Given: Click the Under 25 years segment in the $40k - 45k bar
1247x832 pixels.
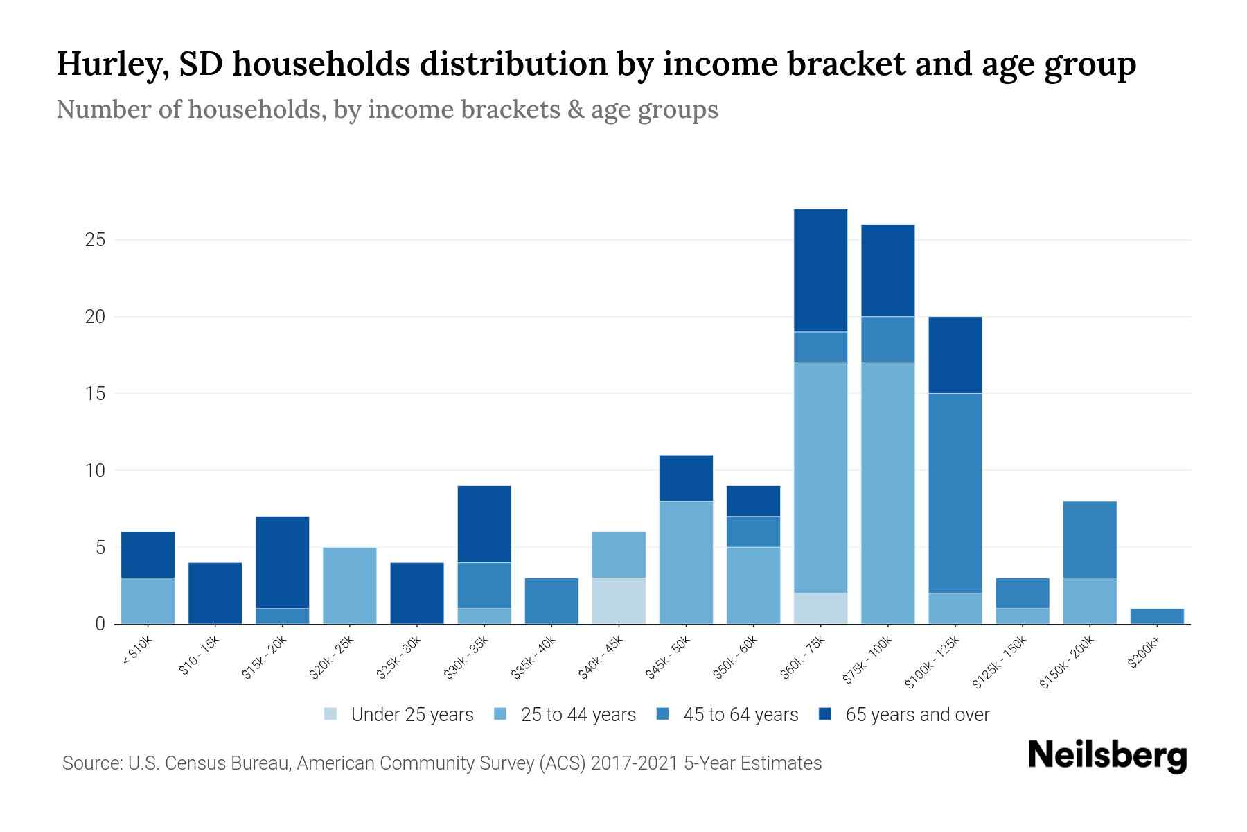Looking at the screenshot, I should (619, 600).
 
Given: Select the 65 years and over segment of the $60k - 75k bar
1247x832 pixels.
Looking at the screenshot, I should (820, 270).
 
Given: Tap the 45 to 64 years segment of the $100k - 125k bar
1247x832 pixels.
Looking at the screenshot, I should (955, 493).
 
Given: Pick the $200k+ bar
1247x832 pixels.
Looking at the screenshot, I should (1157, 616).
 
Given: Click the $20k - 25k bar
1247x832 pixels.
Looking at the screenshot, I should (350, 586).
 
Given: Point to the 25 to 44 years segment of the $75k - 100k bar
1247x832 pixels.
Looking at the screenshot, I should (888, 493).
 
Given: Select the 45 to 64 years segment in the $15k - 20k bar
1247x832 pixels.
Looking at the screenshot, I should (283, 616).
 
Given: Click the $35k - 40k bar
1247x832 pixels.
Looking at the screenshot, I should (551, 600).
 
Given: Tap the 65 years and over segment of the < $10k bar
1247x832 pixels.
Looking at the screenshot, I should (148, 555).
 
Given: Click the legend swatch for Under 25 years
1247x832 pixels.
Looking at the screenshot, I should (331, 714).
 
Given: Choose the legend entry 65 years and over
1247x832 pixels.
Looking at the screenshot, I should (917, 714).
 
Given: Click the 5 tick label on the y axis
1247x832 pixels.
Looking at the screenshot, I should (100, 548).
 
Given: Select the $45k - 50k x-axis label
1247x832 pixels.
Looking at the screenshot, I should (667, 658).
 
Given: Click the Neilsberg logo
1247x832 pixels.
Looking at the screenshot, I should (1107, 756).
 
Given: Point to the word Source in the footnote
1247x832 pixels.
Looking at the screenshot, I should (90, 763).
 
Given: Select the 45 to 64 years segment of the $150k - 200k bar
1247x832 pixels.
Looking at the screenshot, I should (1090, 539).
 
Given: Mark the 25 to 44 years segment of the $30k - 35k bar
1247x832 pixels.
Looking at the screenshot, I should (484, 616).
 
